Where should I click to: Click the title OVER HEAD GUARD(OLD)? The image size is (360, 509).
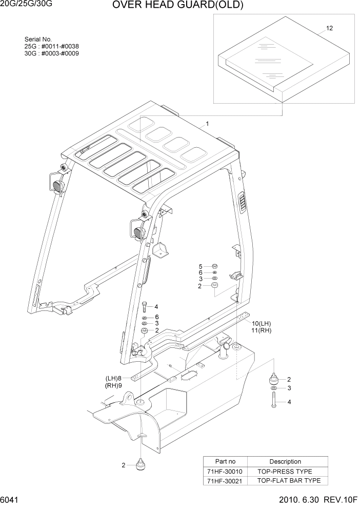point(177,6)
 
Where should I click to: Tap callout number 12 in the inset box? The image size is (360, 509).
point(330,28)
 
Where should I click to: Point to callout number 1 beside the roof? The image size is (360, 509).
point(207,124)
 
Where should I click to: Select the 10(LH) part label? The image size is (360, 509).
point(261,323)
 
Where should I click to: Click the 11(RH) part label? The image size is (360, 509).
point(261,330)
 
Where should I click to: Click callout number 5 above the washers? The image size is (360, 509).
point(201,266)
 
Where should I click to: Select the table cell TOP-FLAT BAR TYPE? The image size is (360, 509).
point(289,481)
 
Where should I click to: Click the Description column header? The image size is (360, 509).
point(286,461)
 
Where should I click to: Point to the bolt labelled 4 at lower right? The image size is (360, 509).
point(273,402)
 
